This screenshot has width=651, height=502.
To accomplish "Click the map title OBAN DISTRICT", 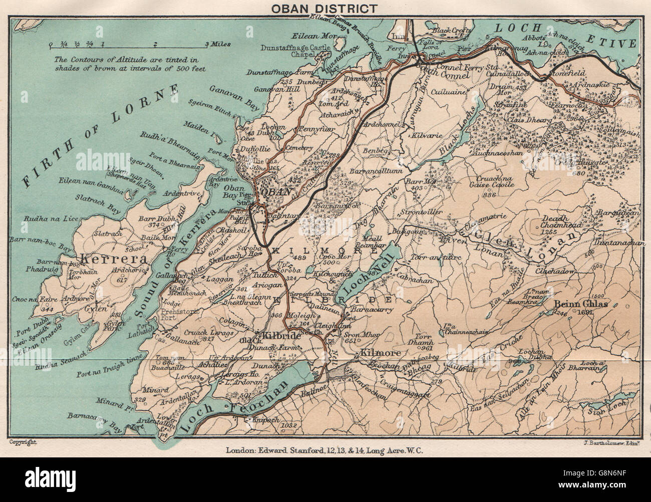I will pos(324,8).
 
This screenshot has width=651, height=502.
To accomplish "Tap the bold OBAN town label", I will pos(273,191).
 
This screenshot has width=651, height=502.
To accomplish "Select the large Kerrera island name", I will pos(107,260).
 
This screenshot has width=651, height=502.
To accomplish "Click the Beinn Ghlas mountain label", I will pos(573,304).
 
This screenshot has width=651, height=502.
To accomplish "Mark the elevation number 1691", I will pos(584,313).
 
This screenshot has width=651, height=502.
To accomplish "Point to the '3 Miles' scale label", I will pos(218,45).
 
